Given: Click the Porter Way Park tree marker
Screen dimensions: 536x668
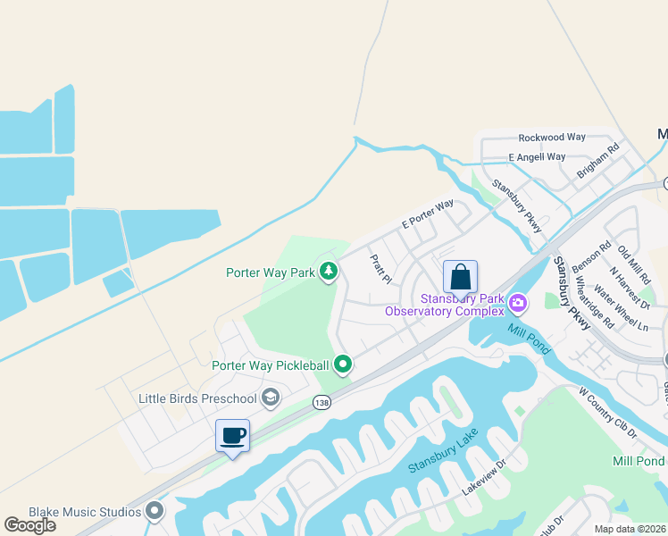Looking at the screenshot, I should (329, 271).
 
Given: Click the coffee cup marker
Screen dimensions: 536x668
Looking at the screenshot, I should (232, 436).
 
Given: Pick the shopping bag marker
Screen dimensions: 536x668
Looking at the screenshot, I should (460, 277).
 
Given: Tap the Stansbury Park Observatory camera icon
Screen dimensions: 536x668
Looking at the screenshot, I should (517, 305).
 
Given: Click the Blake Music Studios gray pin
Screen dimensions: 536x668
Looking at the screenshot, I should (155, 511).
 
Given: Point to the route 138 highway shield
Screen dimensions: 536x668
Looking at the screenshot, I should (322, 404).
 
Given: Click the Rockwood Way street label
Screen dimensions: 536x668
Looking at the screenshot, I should (552, 138).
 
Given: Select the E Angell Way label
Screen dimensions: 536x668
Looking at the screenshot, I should (537, 157).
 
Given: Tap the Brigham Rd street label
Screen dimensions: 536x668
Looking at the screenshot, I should (598, 162).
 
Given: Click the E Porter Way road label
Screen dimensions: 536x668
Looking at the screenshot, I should (428, 214).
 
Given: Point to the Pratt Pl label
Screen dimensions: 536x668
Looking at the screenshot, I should (381, 268).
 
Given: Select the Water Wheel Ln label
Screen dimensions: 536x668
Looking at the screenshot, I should (621, 309).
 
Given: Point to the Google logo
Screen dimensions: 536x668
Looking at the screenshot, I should (29, 525).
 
